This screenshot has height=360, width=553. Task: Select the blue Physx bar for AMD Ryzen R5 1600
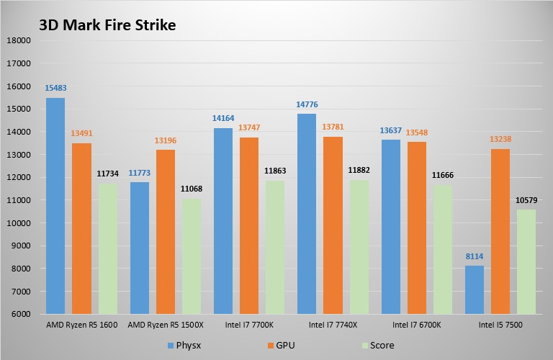click(55, 206)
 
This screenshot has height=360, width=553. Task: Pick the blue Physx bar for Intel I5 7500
click(475, 289)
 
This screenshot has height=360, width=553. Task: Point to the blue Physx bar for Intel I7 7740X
click(306, 214)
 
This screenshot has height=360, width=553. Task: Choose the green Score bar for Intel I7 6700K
click(442, 249)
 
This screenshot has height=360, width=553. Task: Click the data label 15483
click(55, 89)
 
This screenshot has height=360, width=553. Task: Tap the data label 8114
click(475, 256)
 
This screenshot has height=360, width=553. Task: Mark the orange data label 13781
click(333, 127)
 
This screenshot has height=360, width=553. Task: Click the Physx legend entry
click(186, 345)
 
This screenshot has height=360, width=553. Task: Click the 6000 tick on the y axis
click(19, 314)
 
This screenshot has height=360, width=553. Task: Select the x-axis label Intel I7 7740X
click(333, 325)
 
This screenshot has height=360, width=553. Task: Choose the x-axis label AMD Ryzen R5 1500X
click(165, 325)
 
